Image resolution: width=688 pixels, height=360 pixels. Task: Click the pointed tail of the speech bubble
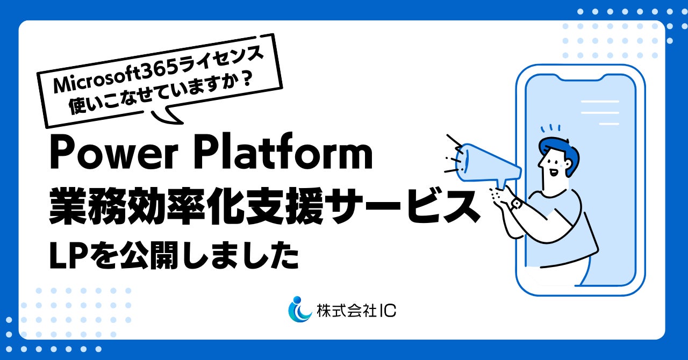coord(167,116)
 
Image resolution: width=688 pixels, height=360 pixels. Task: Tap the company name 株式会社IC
coord(356,311)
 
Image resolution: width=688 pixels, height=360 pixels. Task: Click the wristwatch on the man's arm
coord(517,204)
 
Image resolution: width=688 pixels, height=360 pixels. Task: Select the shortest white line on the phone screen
coord(609,124)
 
